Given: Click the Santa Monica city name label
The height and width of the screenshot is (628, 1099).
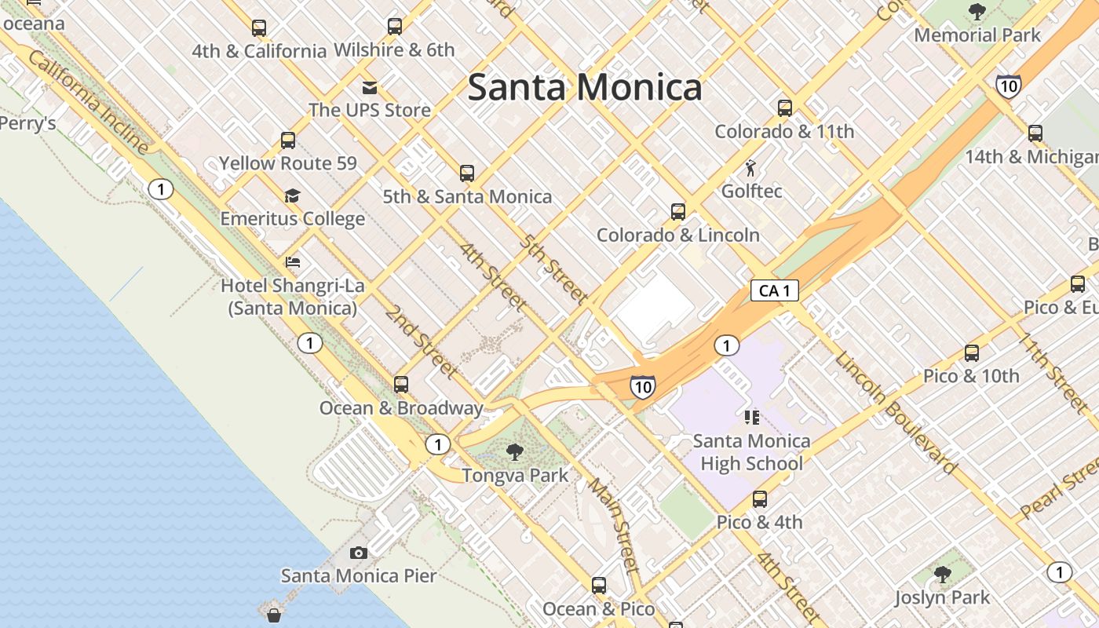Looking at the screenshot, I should (x=585, y=87).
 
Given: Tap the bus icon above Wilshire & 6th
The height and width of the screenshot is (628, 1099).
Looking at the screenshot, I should (x=395, y=27).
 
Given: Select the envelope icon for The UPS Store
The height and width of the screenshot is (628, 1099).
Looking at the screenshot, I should (x=369, y=87).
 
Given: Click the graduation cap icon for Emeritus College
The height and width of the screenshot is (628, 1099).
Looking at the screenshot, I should (x=292, y=195).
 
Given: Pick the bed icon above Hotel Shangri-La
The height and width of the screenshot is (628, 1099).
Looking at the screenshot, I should (x=293, y=262).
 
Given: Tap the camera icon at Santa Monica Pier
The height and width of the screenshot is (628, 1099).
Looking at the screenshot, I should (x=359, y=553).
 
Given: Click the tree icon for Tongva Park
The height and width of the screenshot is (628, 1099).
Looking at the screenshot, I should (x=515, y=452).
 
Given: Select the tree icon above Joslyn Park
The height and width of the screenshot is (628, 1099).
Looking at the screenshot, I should (x=943, y=575).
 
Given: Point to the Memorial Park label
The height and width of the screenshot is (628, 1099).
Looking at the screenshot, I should (x=977, y=35).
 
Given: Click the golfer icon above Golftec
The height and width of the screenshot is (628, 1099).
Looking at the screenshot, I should (x=751, y=168).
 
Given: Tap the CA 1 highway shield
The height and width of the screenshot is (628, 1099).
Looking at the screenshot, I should (x=775, y=290).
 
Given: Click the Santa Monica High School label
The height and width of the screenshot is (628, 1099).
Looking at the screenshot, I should (x=751, y=452).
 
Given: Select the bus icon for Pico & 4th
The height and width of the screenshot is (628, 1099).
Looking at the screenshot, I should (x=759, y=499).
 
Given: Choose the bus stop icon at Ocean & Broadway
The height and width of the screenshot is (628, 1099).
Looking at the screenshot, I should (x=401, y=385).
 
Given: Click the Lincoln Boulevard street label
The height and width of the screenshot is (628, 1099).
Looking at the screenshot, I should (x=896, y=412).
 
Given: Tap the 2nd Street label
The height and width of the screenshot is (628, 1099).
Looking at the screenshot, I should (x=422, y=340).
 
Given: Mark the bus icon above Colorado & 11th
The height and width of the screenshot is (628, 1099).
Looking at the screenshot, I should (x=784, y=108).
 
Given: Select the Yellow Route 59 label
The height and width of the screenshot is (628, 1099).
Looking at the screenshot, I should (x=287, y=163).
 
